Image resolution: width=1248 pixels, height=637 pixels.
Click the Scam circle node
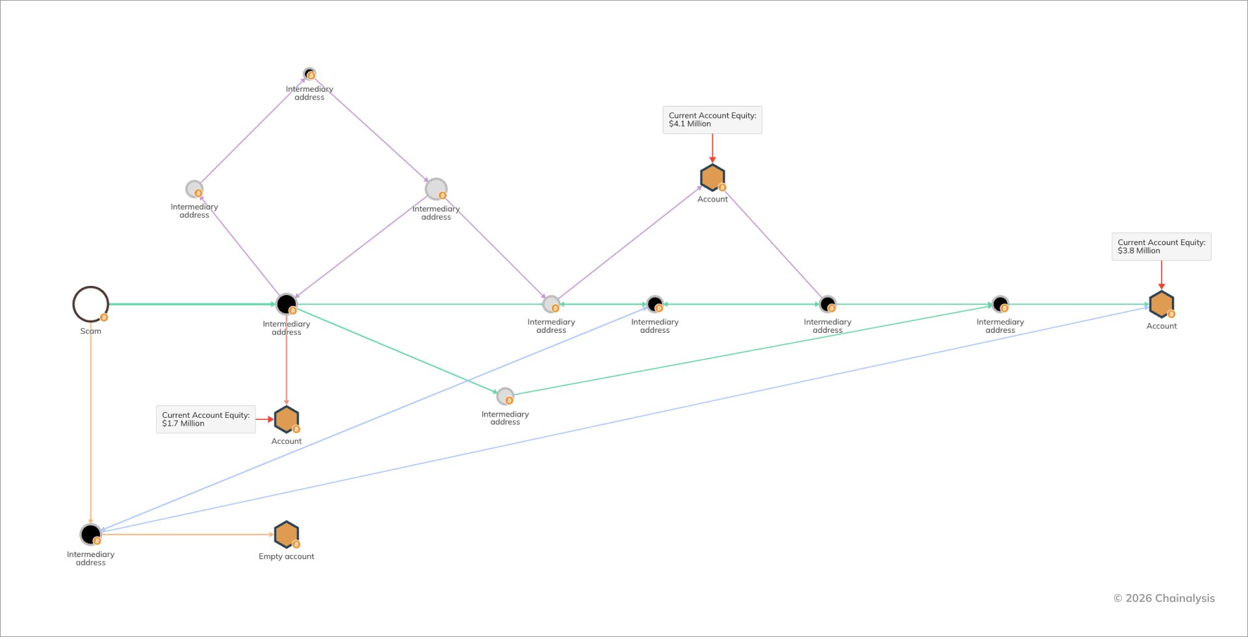[x=90, y=287]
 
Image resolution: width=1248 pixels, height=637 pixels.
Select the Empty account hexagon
[x=287, y=534]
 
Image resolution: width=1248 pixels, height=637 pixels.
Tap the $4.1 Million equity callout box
[x=712, y=120]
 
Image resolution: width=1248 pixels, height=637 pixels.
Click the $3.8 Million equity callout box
[x=1162, y=246]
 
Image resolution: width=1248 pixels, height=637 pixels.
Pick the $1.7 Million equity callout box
[x=205, y=419]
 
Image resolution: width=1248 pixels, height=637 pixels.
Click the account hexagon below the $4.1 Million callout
[x=712, y=177]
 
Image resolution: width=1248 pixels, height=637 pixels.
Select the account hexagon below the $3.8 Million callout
[x=1162, y=304]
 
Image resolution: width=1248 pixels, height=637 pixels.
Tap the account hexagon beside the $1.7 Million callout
[x=287, y=419]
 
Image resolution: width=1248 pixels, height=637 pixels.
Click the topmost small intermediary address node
[x=309, y=73]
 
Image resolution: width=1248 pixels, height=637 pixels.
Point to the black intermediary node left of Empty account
[x=90, y=534]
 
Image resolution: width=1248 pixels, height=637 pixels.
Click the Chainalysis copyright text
[x=1163, y=598]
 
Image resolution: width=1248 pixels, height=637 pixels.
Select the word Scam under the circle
[x=90, y=331]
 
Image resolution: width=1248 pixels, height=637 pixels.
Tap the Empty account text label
[x=287, y=556]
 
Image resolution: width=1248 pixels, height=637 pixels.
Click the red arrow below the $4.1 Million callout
[x=712, y=148]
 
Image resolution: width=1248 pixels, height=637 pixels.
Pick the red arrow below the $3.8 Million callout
[x=1162, y=275]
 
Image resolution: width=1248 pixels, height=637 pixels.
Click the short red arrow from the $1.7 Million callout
[x=265, y=419]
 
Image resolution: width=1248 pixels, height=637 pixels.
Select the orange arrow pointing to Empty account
[x=188, y=534]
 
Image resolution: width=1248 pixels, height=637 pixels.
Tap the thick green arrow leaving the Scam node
[x=192, y=304]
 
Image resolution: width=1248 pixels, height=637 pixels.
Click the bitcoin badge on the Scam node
[x=104, y=318]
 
